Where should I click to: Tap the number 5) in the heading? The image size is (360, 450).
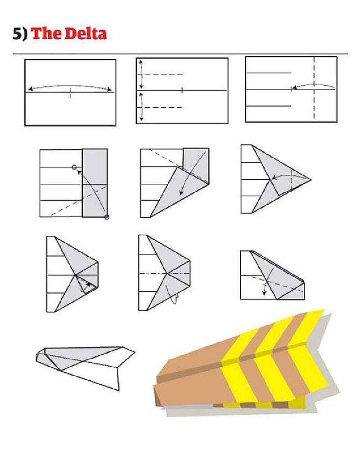pyautogui.click(x=20, y=34)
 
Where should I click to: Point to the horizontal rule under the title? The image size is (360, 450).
pyautogui.click(x=180, y=54)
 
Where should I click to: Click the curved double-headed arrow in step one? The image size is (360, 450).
pyautogui.click(x=70, y=86)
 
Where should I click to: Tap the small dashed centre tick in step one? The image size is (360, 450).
pyautogui.click(x=70, y=93)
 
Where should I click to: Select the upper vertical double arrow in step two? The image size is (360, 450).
pyautogui.click(x=141, y=74)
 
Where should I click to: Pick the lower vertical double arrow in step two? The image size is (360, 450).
pyautogui.click(x=141, y=107)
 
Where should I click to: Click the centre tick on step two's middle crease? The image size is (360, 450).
pyautogui.click(x=182, y=91)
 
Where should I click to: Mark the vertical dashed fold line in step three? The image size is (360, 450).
pyautogui.click(x=314, y=87)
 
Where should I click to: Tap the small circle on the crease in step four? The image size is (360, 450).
pyautogui.click(x=74, y=167)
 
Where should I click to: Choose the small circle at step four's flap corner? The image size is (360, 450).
pyautogui.click(x=107, y=217)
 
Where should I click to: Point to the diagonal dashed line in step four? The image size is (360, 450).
pyautogui.click(x=79, y=200)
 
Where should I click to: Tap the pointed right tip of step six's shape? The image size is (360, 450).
pyautogui.click(x=310, y=180)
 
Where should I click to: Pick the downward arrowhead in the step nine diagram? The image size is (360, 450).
pyautogui.click(x=264, y=292)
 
